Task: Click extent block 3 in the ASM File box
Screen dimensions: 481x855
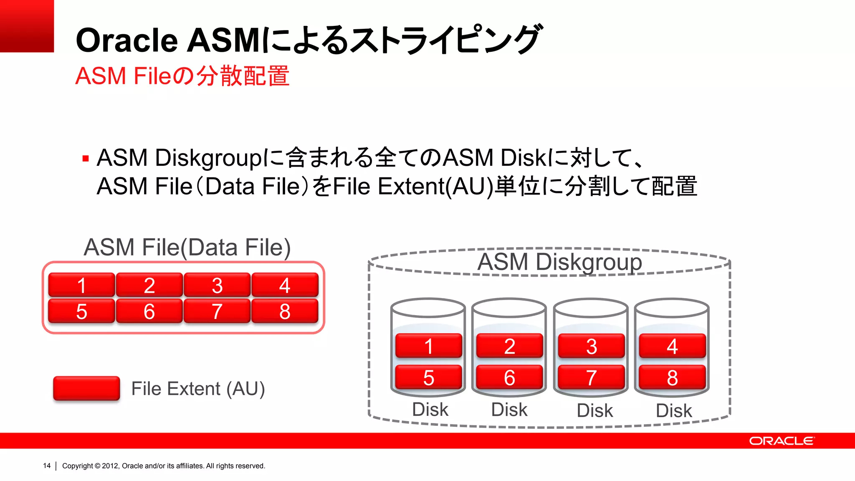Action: [217, 285]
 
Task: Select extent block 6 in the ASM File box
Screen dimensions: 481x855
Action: [149, 311]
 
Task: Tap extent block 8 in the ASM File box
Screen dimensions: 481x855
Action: [285, 311]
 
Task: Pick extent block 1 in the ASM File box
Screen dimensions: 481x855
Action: [82, 285]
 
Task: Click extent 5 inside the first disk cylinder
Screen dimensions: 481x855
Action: [429, 377]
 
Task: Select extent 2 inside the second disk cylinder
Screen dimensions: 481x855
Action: [509, 346]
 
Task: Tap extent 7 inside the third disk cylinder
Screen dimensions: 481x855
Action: [591, 377]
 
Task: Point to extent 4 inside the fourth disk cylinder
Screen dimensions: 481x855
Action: [672, 346]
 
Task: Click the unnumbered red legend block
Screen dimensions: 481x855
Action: [86, 388]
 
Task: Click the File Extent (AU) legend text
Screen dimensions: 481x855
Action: [198, 389]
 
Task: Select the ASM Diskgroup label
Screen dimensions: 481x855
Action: [559, 262]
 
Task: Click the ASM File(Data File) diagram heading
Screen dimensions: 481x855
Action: [187, 247]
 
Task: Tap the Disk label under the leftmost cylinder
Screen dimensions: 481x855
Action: [430, 409]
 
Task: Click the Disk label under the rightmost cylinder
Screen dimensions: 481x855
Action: [674, 410]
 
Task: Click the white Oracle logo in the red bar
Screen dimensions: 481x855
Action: [782, 441]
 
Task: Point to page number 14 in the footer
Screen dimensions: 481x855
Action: [47, 466]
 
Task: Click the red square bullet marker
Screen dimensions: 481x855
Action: [86, 159]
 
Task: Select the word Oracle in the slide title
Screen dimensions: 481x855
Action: [127, 41]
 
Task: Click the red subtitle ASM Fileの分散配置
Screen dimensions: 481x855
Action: [182, 76]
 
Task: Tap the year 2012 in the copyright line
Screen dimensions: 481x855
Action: [110, 466]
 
